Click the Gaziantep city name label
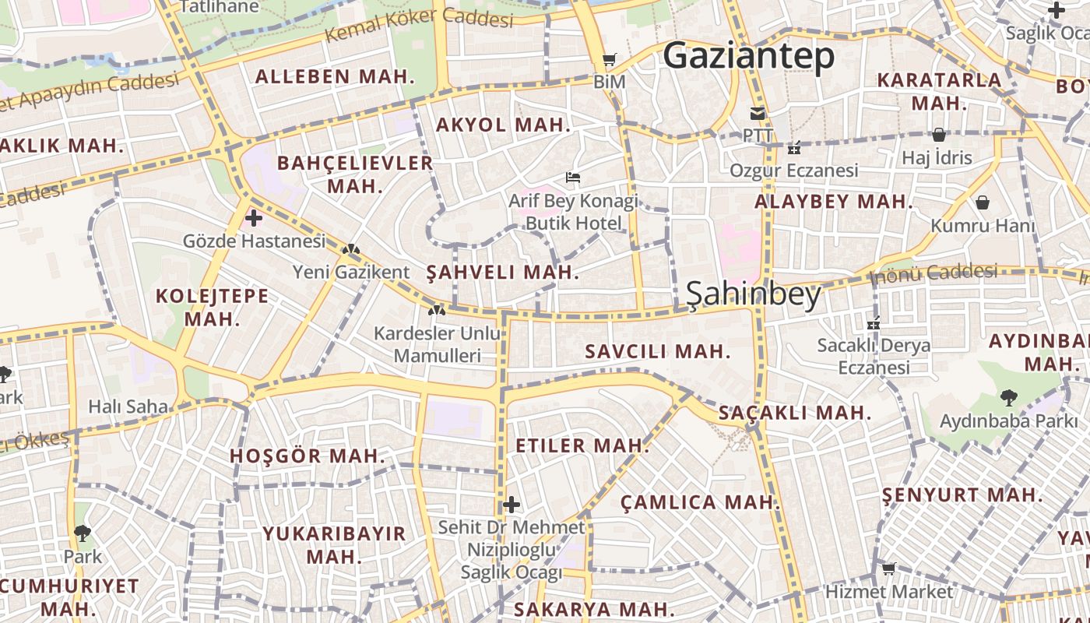(x=748, y=55)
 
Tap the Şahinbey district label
(x=753, y=295)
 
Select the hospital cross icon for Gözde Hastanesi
(x=254, y=218)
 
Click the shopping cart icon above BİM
(x=609, y=59)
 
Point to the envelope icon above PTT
(x=757, y=113)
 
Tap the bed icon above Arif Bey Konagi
(x=573, y=178)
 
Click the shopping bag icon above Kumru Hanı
(x=983, y=202)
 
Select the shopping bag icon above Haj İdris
(x=939, y=135)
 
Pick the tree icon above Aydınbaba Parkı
(x=1008, y=398)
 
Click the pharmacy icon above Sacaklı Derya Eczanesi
(x=874, y=322)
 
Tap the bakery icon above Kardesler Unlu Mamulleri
(x=436, y=310)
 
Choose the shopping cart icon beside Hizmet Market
(x=888, y=569)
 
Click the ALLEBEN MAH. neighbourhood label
(x=335, y=76)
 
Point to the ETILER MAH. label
(x=582, y=445)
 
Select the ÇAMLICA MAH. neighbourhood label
(x=700, y=502)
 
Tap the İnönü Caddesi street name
(x=933, y=273)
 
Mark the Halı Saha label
(x=128, y=406)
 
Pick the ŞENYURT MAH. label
(x=962, y=495)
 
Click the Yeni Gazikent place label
(x=350, y=272)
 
